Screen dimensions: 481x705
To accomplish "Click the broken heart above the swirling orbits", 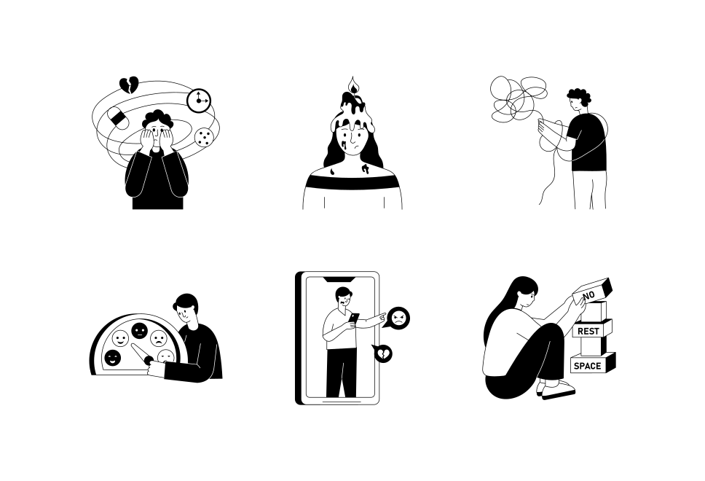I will [x=129, y=85].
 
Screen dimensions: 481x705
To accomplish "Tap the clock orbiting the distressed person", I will [x=198, y=100].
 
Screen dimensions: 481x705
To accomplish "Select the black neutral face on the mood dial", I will [x=139, y=331].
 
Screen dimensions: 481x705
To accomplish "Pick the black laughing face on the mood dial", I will [x=112, y=357].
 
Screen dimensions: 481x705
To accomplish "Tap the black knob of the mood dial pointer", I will [x=149, y=359].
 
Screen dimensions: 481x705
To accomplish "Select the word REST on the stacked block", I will [x=588, y=331].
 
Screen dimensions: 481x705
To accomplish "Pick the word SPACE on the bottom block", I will [x=587, y=365].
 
